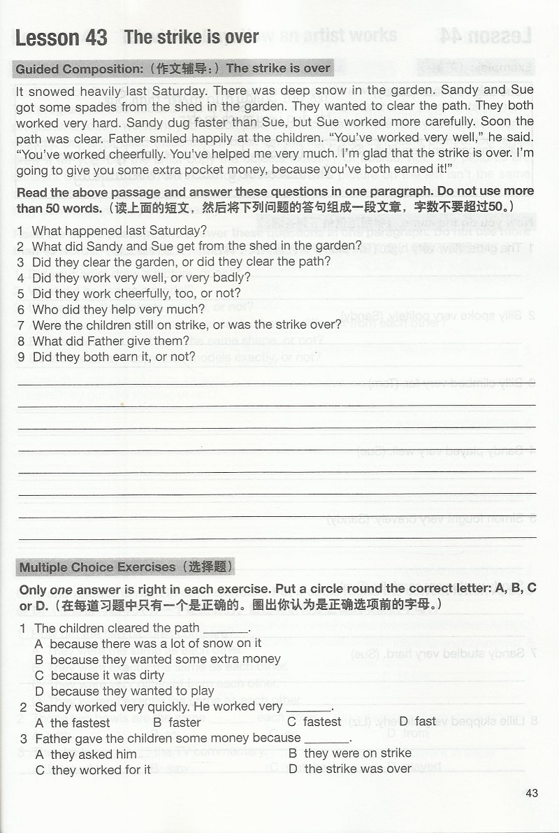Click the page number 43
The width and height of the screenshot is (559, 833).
(532, 793)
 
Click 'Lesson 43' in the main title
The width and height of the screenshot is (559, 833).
(61, 38)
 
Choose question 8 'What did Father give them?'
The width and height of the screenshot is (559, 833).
(111, 341)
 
